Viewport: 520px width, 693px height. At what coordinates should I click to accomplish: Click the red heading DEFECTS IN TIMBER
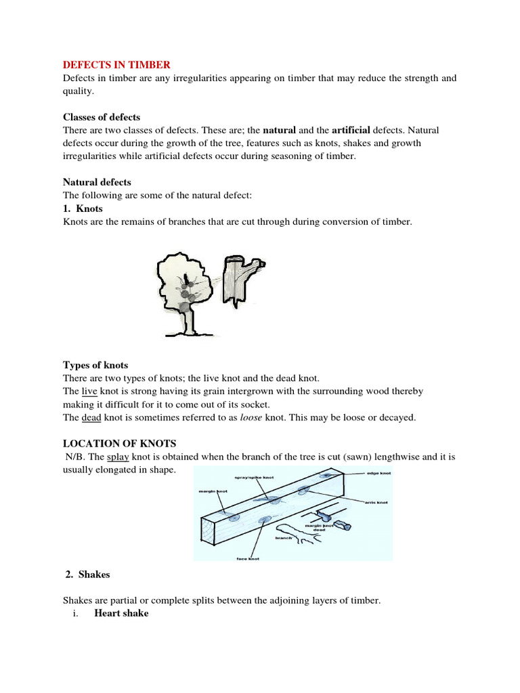coord(117,65)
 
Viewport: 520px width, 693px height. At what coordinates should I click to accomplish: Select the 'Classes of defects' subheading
coord(102,116)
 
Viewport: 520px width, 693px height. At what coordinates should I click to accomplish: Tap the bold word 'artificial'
coord(351,129)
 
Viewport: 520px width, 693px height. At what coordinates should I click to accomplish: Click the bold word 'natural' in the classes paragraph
coord(280,129)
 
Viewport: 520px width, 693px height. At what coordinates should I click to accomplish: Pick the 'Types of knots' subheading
coord(95,365)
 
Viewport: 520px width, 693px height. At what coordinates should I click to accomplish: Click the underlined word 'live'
coord(89,391)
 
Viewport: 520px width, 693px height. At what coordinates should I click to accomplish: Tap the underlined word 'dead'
coord(91,418)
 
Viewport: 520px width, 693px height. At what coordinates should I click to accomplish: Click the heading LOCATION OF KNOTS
coord(120,444)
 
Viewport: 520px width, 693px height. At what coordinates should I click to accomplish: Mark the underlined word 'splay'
coord(118,457)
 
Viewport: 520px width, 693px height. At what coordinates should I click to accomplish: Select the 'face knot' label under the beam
coord(248,559)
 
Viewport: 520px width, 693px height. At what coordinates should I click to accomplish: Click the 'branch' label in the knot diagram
coord(283,538)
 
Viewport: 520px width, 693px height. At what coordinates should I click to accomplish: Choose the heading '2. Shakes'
coord(88,575)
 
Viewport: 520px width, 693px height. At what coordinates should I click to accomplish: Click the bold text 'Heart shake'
coord(121,613)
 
